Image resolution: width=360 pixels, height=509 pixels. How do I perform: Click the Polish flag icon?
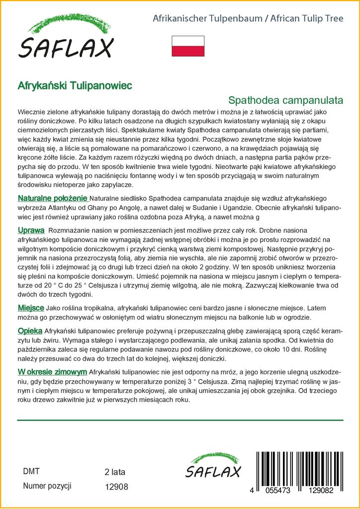point(188,46)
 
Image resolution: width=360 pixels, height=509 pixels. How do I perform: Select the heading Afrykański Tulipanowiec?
point(75,85)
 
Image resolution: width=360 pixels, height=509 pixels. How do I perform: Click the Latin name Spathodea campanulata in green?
point(286,99)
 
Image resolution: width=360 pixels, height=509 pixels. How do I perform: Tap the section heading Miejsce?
point(31,308)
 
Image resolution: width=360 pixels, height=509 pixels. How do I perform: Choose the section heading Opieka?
point(30,331)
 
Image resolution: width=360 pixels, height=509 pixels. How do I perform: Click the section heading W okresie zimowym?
point(52,372)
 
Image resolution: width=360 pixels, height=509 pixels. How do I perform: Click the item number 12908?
point(116,487)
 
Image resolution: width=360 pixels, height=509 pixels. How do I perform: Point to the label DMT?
point(31,471)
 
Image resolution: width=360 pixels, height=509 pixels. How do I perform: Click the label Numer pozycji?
point(48,486)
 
